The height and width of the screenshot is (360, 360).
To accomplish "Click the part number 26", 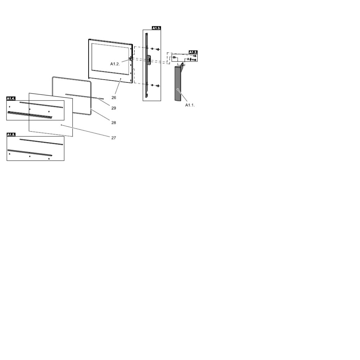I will tap(114, 98).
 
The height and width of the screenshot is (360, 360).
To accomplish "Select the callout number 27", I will tap(114, 138).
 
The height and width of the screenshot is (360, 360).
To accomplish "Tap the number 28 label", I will tap(114, 123).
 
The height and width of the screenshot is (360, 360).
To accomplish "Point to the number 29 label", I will tap(114, 108).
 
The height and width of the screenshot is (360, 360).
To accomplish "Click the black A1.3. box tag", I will tap(156, 28).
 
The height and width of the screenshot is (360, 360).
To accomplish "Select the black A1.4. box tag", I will tap(11, 98).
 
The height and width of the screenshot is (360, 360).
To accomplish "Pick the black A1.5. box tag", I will tap(11, 134).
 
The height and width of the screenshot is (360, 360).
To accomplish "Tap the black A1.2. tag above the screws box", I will tap(193, 52).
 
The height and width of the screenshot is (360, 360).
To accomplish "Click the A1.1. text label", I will tap(190, 105).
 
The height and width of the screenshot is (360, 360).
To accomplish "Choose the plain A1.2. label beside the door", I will tap(115, 64).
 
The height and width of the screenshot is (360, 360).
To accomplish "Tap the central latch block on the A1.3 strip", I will tap(148, 59).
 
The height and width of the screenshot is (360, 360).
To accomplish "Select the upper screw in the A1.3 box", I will tap(158, 49).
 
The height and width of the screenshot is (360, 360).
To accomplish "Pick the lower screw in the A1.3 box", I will tap(158, 86).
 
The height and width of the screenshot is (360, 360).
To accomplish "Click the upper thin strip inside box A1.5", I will tap(41, 142).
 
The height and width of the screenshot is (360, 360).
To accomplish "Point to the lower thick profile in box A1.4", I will tap(30, 115).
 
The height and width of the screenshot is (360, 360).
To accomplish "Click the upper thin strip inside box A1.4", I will tap(41, 105).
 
